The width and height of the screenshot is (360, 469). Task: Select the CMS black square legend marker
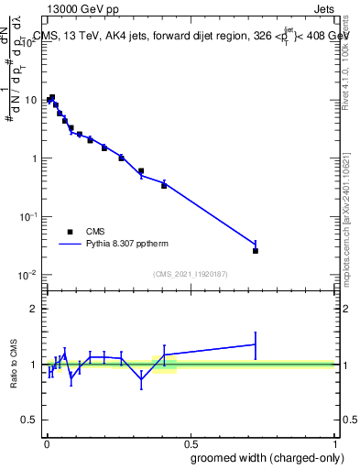(70, 232)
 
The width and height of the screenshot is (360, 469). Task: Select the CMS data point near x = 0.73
(256, 250)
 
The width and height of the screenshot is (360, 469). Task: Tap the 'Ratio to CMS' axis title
(15, 365)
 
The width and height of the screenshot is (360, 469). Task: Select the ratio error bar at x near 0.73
(256, 344)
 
